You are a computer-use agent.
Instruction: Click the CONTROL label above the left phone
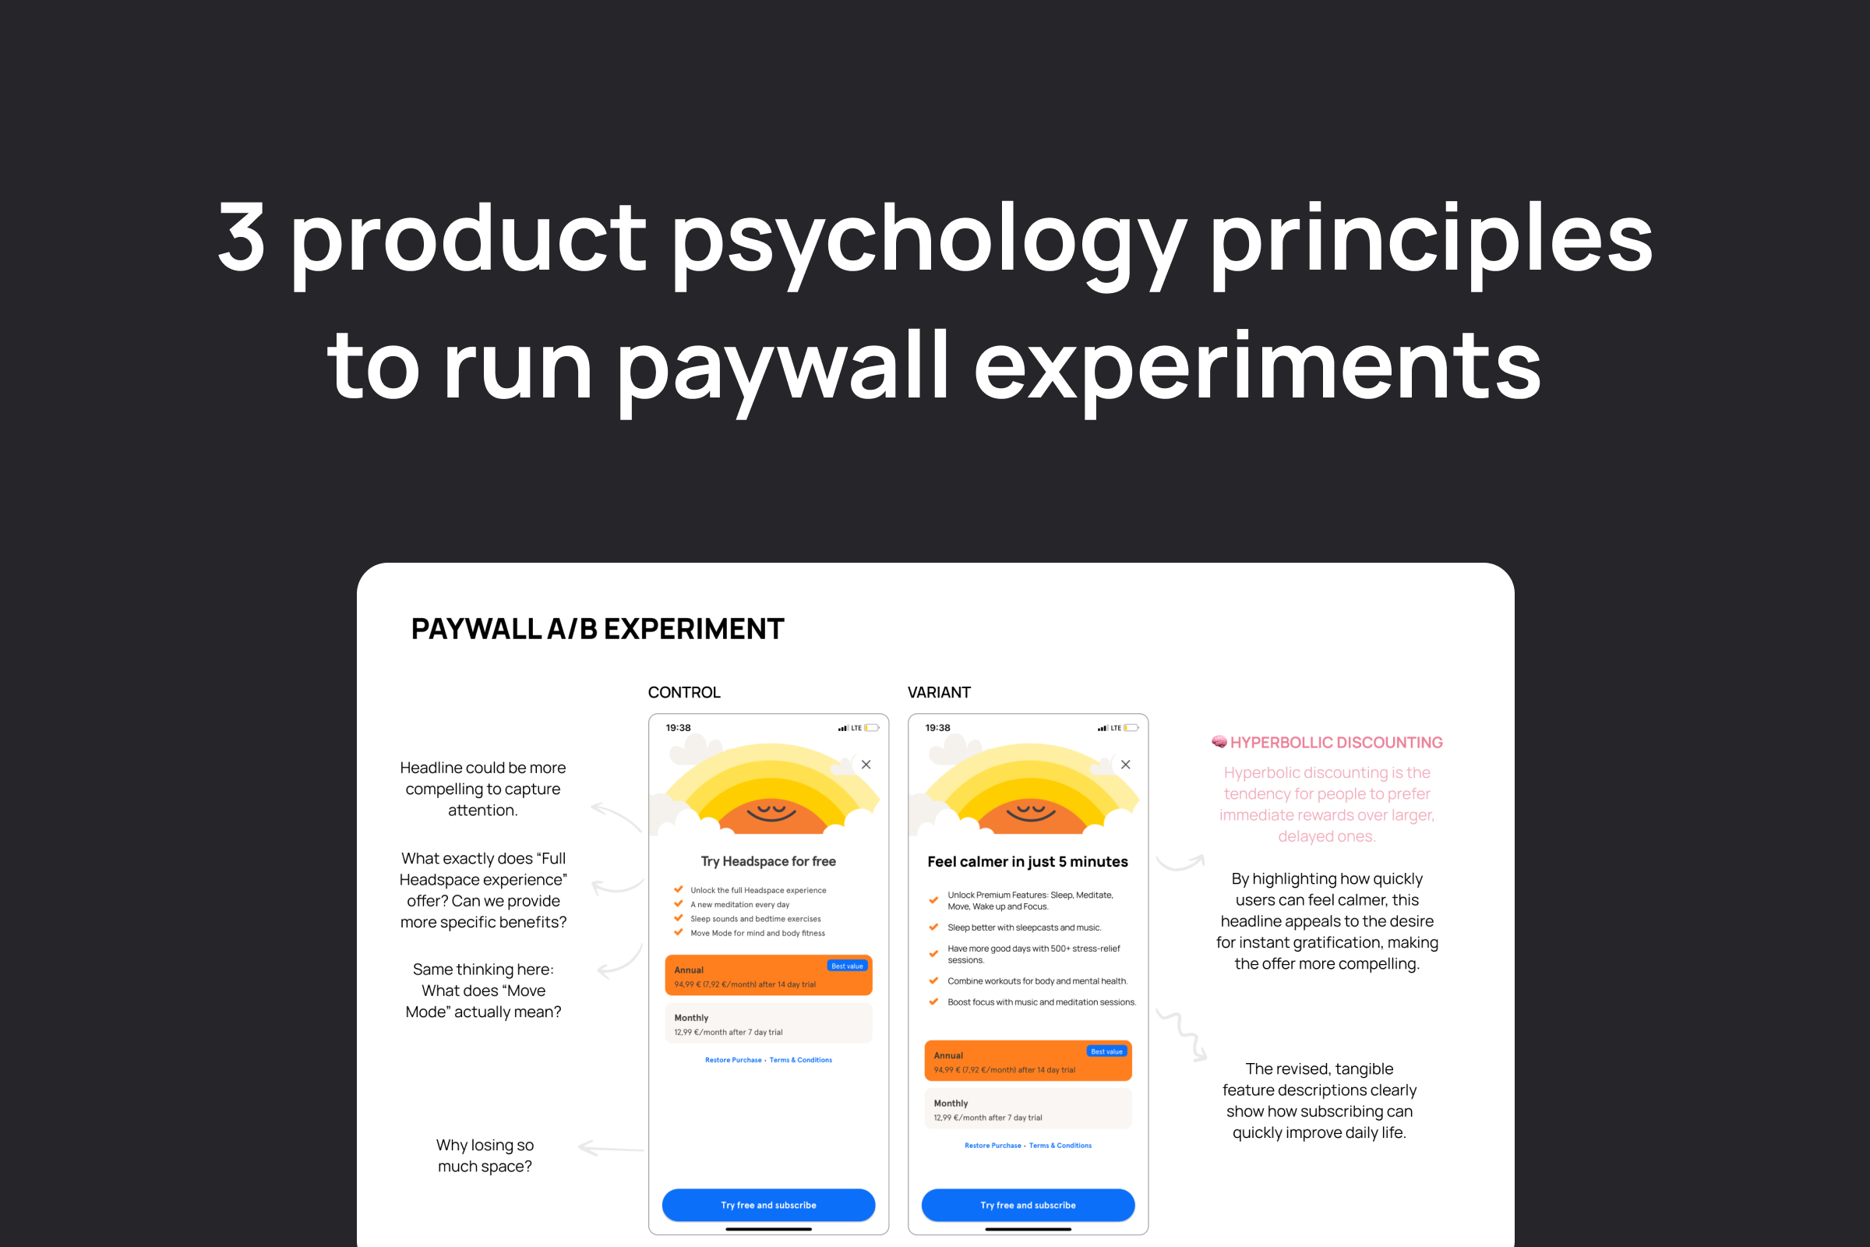click(x=684, y=693)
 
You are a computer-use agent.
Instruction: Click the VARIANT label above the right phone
click(x=939, y=693)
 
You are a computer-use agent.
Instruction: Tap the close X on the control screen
click(x=866, y=765)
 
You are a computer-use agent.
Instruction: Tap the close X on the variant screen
click(x=1125, y=765)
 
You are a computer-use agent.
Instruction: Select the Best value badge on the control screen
click(x=847, y=966)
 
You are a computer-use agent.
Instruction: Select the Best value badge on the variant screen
click(x=1106, y=1051)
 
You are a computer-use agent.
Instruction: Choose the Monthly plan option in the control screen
click(x=768, y=1023)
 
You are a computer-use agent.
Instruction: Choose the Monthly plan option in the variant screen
click(x=1028, y=1108)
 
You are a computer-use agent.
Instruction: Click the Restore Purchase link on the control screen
click(x=733, y=1060)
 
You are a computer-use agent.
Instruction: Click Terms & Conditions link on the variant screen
click(x=1060, y=1146)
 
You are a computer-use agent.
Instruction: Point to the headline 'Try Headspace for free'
click(x=768, y=861)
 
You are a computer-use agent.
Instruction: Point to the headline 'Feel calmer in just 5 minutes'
click(x=1027, y=861)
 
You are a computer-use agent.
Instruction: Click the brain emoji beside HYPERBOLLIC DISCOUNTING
click(x=1219, y=742)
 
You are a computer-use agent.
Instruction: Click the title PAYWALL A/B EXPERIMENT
click(x=597, y=629)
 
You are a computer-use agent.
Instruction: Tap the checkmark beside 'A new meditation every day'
click(x=678, y=903)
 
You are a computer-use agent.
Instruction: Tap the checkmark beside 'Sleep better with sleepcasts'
click(x=933, y=927)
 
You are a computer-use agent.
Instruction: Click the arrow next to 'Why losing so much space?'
click(x=611, y=1147)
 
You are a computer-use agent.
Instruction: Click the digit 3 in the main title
click(x=241, y=236)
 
